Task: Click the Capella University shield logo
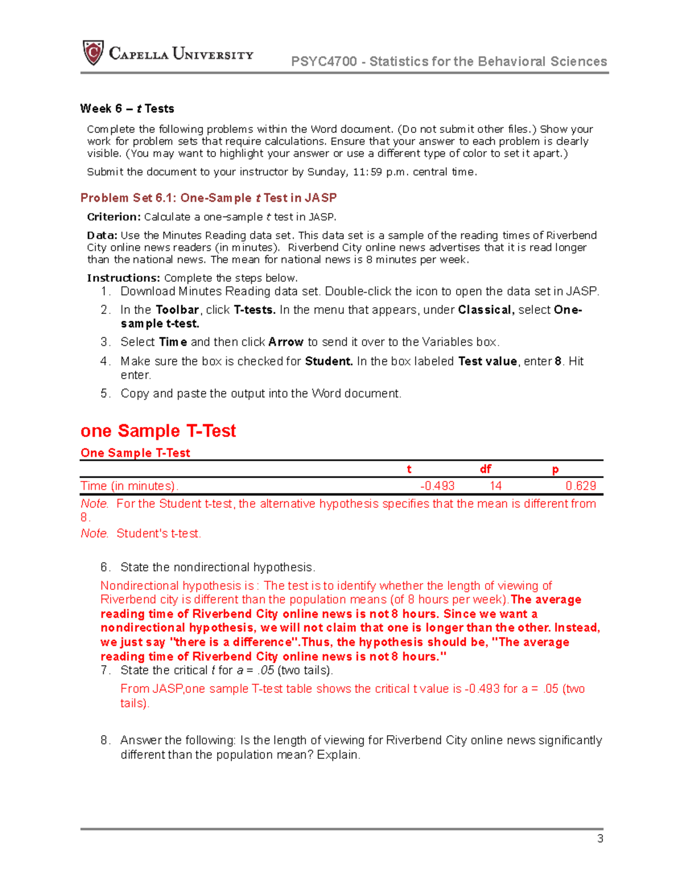pyautogui.click(x=93, y=52)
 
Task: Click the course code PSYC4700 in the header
pyautogui.click(x=324, y=62)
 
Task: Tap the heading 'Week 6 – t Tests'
pyautogui.click(x=127, y=108)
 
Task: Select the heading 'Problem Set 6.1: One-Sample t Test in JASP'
pyautogui.click(x=208, y=198)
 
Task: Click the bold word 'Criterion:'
pyautogui.click(x=113, y=217)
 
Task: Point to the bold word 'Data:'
pyautogui.click(x=102, y=235)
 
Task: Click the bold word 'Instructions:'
pyautogui.click(x=123, y=278)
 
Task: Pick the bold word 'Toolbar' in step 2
pyautogui.click(x=177, y=309)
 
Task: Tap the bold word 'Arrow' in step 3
pyautogui.click(x=286, y=342)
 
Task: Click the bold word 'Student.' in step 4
pyautogui.click(x=329, y=361)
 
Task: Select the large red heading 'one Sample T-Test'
pyautogui.click(x=158, y=431)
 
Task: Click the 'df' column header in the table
pyautogui.click(x=485, y=469)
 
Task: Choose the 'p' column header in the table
pyautogui.click(x=555, y=469)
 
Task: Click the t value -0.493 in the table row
pyautogui.click(x=437, y=486)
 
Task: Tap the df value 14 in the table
pyautogui.click(x=495, y=486)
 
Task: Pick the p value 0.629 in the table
pyautogui.click(x=580, y=486)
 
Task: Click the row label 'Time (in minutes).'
pyautogui.click(x=129, y=486)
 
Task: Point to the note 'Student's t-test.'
pyautogui.click(x=158, y=533)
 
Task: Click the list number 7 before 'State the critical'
pyautogui.click(x=105, y=670)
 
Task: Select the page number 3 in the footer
pyautogui.click(x=600, y=838)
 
